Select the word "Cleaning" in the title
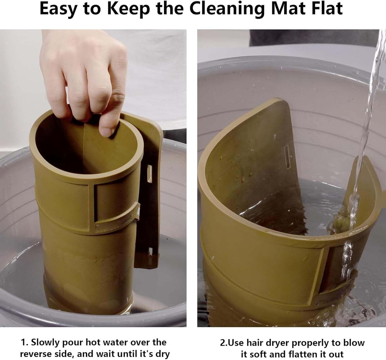pyautogui.click(x=228, y=9)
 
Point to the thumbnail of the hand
pyautogui.click(x=107, y=132)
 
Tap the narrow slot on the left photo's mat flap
pyautogui.click(x=149, y=174)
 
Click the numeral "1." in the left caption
pyautogui.click(x=25, y=342)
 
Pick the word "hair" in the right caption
pyautogui.click(x=254, y=343)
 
